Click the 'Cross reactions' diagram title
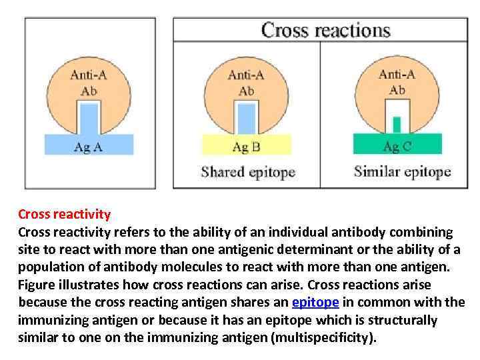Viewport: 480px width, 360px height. coord(325,30)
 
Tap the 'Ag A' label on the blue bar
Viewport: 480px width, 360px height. coord(88,147)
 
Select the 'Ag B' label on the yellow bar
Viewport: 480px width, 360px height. coord(246,147)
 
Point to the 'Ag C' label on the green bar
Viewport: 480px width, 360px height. coord(397,146)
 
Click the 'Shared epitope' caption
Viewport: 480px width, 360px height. coord(248,172)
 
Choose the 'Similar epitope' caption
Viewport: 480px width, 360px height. coord(402,172)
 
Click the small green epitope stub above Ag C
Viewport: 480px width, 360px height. coord(397,125)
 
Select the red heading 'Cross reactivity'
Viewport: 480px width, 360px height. coord(64,215)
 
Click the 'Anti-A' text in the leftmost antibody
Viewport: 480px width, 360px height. coord(89,75)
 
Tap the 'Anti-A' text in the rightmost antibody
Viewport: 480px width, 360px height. coord(397,75)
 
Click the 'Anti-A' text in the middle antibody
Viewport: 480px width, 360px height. coord(246,75)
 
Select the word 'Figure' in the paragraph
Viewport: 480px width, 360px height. coord(37,285)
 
